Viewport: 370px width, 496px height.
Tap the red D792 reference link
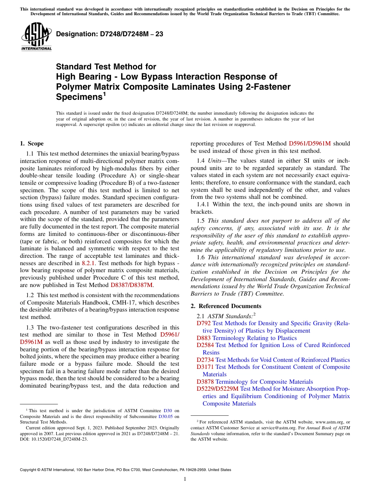204,323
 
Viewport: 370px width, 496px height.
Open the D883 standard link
204,338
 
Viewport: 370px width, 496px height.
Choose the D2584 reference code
205,345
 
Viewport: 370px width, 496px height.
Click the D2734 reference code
205,360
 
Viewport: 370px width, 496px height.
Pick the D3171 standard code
205,367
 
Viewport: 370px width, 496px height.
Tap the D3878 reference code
205,382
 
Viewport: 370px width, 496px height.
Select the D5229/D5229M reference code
218,389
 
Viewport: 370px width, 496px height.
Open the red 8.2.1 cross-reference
88,263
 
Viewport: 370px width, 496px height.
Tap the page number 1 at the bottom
185,479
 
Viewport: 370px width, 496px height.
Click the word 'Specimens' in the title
79,96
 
